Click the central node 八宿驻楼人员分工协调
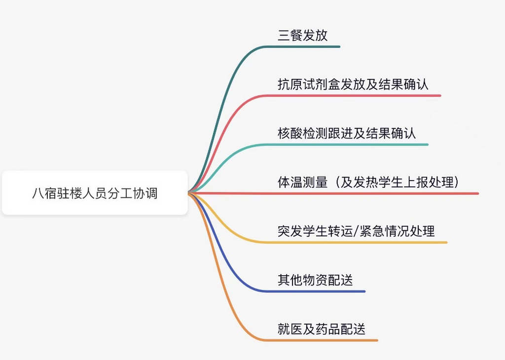95,193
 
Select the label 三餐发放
302,36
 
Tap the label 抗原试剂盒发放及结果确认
353,85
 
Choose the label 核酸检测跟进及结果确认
347,134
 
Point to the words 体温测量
302,182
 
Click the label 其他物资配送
315,281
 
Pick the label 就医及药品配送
321,329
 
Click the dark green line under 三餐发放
306,47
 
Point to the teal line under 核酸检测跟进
345,144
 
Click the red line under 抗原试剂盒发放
355,96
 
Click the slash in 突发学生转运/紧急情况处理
358,231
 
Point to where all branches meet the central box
189,193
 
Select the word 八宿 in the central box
44,193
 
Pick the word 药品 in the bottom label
327,329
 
